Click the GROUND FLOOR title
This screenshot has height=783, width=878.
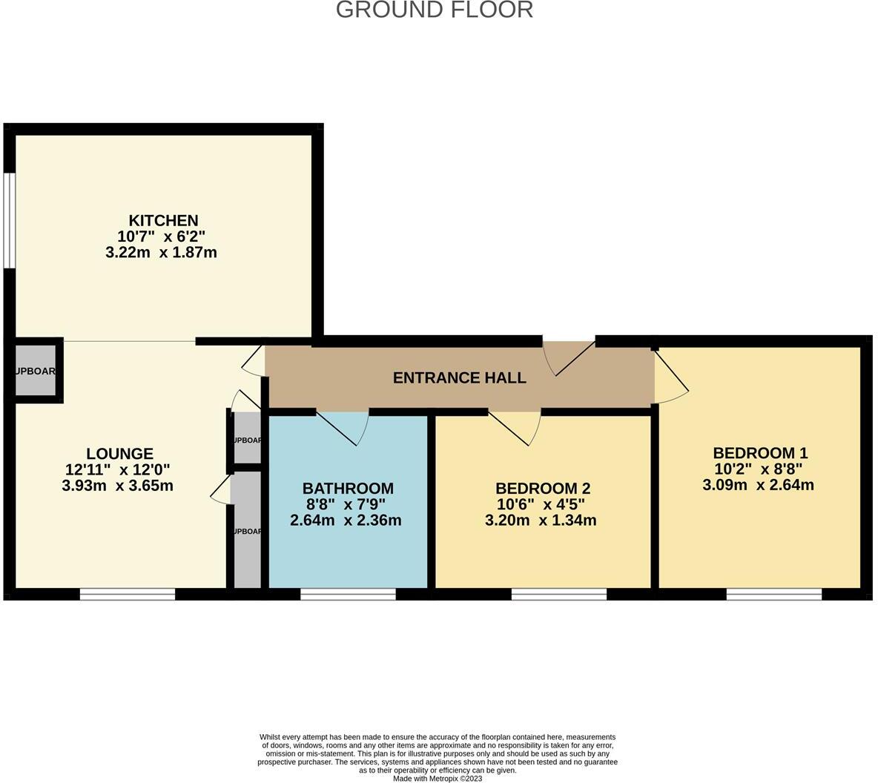[434, 10]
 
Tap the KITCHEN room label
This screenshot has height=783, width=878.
[163, 220]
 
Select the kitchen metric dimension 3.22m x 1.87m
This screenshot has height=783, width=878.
[161, 253]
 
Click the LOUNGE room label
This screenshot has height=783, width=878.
[119, 454]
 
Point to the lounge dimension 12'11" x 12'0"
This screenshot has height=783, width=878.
[117, 469]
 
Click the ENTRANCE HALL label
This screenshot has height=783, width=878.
[459, 378]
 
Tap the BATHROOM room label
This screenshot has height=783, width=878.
[347, 489]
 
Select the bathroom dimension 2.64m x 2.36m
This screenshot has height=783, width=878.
[346, 521]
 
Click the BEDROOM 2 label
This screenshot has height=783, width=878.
[542, 489]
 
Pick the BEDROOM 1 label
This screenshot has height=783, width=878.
[759, 453]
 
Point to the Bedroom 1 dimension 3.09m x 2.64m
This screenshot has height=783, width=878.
[758, 486]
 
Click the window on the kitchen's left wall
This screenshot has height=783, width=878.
[8, 220]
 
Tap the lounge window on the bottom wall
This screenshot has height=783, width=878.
[128, 594]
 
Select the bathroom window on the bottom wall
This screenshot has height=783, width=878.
[348, 594]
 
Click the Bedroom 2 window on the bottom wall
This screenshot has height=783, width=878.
[558, 594]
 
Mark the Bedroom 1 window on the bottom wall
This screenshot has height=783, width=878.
[773, 594]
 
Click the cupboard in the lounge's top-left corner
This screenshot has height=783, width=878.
[36, 371]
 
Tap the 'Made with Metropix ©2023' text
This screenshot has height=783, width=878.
[438, 779]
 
